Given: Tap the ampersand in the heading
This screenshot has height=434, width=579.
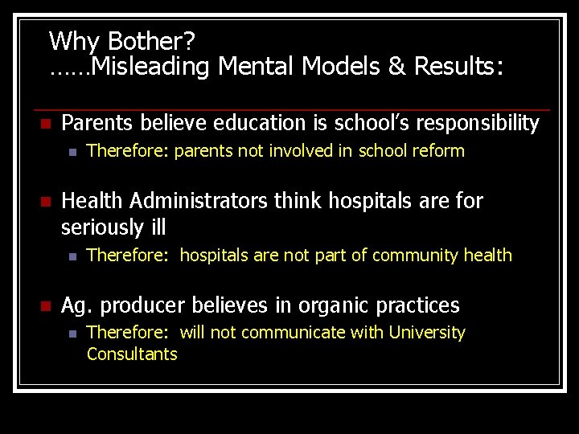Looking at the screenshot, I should click(x=396, y=67).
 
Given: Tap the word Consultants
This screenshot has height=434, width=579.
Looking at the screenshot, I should click(x=132, y=354).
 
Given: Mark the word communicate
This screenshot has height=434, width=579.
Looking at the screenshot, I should click(x=289, y=333).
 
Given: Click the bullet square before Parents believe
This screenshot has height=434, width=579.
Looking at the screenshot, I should click(x=46, y=124).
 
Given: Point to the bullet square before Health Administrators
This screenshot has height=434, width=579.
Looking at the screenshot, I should click(x=46, y=202).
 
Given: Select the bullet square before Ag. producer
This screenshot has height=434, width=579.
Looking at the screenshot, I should click(x=46, y=306).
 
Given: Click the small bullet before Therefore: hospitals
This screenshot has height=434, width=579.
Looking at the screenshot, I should click(x=72, y=256).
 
